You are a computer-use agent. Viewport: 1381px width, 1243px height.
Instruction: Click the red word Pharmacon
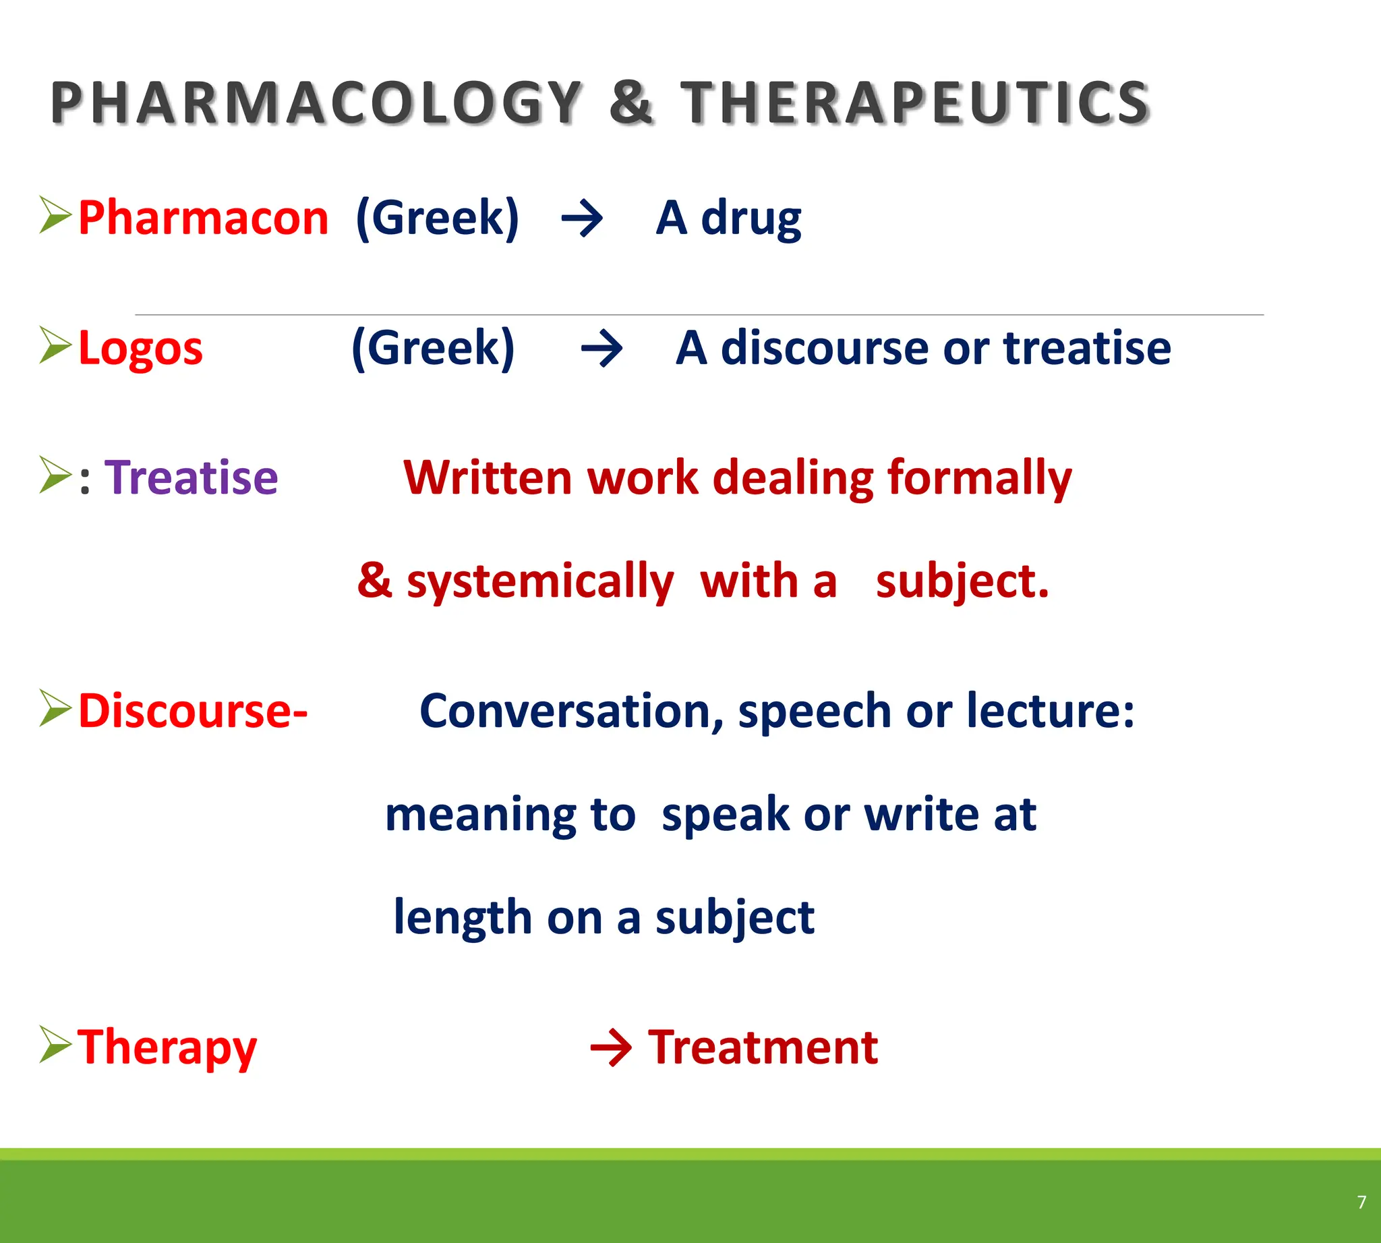tap(204, 218)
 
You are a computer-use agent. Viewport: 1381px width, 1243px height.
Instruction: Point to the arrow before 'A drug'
tap(582, 219)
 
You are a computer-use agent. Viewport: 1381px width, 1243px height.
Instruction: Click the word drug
tap(751, 218)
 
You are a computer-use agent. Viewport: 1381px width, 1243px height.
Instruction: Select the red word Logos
tap(141, 348)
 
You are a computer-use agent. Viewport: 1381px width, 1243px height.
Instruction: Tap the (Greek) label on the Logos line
tap(433, 347)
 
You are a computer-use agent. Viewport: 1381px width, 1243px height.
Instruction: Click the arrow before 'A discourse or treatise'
tap(601, 349)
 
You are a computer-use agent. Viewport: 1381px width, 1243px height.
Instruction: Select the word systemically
tap(539, 582)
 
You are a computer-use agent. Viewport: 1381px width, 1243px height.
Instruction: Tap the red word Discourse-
tap(194, 711)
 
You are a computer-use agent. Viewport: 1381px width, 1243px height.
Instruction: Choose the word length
tap(463, 917)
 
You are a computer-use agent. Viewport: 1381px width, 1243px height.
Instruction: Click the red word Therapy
tap(167, 1047)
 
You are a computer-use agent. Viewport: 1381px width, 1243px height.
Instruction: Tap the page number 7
tap(1361, 1202)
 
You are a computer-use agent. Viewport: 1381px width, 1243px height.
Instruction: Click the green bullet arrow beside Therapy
tap(55, 1044)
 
